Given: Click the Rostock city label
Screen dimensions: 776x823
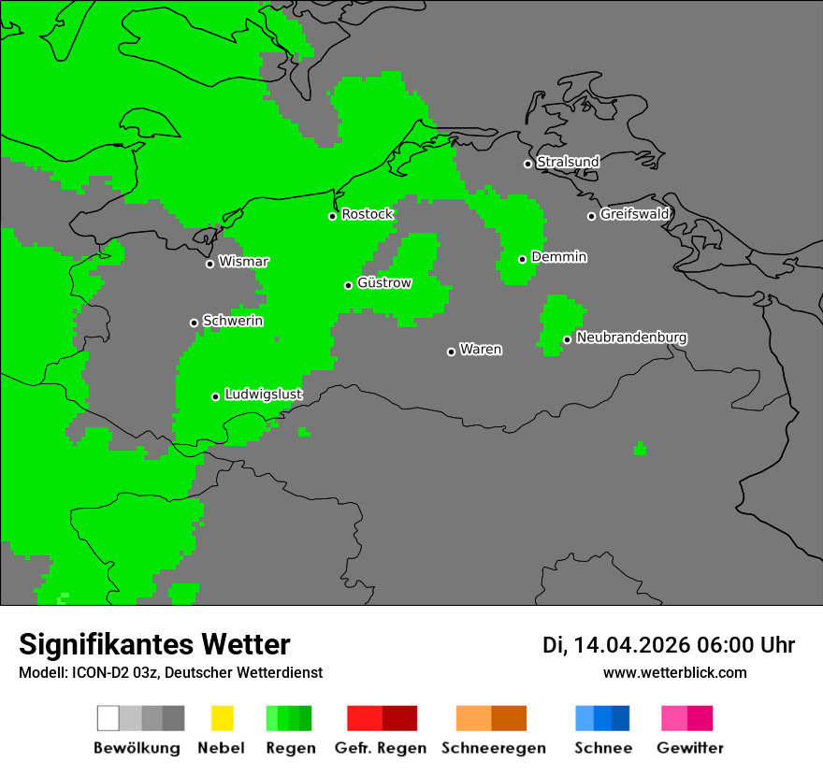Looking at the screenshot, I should tap(368, 214).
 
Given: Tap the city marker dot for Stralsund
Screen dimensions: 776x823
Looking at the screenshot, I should tap(527, 164).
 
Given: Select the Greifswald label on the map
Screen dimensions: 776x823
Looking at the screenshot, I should tap(634, 214).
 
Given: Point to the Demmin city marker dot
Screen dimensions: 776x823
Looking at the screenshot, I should tap(522, 259).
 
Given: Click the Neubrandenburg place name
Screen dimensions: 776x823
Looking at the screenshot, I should tap(631, 338).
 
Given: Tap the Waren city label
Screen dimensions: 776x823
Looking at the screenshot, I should tap(481, 350).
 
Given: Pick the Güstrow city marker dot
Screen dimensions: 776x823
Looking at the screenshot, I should tap(348, 285).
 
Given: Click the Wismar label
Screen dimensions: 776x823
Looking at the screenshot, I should tap(243, 262).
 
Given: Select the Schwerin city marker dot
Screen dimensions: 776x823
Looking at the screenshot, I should tap(194, 323).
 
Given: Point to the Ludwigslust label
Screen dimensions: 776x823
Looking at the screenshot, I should tap(263, 395).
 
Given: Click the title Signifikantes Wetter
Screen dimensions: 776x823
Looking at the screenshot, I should tap(154, 644).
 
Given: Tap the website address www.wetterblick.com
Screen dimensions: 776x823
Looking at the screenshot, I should tap(674, 672).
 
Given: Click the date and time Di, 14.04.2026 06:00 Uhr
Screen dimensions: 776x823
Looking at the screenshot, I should tap(669, 645).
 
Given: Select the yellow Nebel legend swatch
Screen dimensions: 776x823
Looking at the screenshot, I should tap(222, 718).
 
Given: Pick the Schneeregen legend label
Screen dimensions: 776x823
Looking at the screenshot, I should tap(493, 748).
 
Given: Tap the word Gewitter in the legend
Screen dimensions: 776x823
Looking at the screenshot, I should tap(689, 748).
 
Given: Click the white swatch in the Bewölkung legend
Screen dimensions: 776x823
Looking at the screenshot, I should tap(108, 718).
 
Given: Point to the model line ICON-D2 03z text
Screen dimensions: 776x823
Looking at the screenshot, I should tap(170, 672).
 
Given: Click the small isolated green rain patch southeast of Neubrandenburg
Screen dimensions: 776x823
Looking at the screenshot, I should tap(640, 449).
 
